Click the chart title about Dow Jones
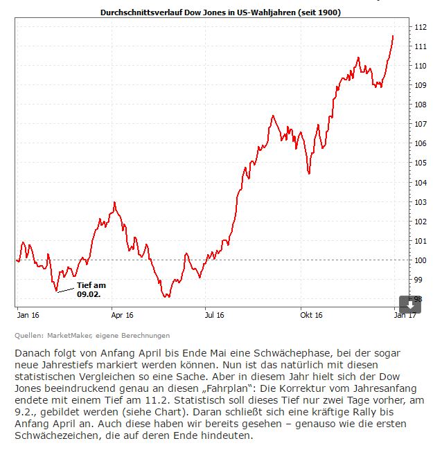220,12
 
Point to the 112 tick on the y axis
421,27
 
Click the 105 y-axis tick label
421,163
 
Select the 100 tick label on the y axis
421,260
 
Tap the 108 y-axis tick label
421,105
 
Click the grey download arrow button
410,304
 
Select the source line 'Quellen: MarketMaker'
92,336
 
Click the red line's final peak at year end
393,35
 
